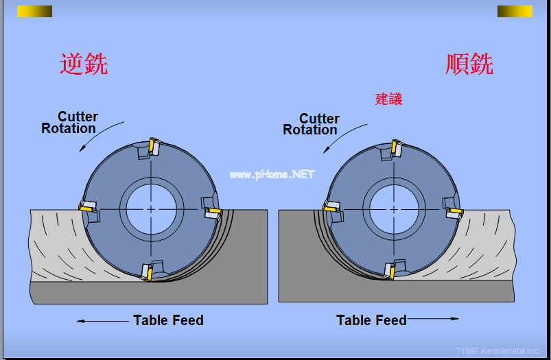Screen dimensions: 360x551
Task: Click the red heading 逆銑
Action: click(84, 64)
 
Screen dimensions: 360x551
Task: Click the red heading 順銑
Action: click(469, 64)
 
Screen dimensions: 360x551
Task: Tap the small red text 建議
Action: click(388, 99)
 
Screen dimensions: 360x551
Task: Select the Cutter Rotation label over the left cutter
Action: click(69, 122)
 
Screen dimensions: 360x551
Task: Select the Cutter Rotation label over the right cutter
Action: click(311, 124)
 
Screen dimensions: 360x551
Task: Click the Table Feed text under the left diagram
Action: click(168, 320)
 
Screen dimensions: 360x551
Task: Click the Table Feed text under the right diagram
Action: click(371, 320)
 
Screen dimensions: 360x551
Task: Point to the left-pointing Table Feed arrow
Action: click(102, 321)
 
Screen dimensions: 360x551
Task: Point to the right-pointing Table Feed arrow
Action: click(433, 319)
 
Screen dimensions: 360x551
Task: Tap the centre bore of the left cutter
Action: click(151, 209)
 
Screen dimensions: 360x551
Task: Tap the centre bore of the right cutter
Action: click(394, 209)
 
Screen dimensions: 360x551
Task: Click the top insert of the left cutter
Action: click(154, 146)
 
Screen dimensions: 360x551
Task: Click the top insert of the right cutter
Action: click(395, 147)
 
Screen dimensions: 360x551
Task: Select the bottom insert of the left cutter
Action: click(149, 272)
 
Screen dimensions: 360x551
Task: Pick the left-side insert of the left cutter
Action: click(87, 206)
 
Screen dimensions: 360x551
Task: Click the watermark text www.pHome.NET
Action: click(272, 174)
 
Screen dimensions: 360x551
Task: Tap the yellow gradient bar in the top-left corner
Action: click(35, 11)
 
